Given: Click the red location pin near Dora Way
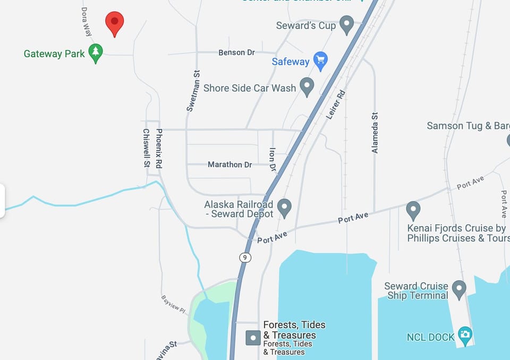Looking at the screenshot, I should point(114,23).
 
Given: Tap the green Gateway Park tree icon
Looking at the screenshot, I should point(96,53).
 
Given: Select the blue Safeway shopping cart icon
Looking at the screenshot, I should point(320,61).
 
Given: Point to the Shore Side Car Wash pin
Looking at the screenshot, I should point(307,87).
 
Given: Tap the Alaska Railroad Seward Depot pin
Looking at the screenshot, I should point(285,208).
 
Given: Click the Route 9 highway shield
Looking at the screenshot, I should point(245,258).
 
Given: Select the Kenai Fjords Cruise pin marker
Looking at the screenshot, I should point(413,210).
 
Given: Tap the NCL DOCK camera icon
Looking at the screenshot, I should point(465,336).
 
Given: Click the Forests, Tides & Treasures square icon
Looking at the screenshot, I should point(253,337).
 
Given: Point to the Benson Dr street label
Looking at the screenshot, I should point(236,53).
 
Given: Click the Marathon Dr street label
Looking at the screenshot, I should point(229,165).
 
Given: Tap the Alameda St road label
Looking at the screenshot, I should point(375,133).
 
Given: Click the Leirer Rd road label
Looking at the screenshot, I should point(335,105).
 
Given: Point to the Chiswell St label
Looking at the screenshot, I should point(146,148).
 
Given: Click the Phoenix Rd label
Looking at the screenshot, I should point(159,148).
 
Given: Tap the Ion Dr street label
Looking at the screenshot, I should point(273,159).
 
